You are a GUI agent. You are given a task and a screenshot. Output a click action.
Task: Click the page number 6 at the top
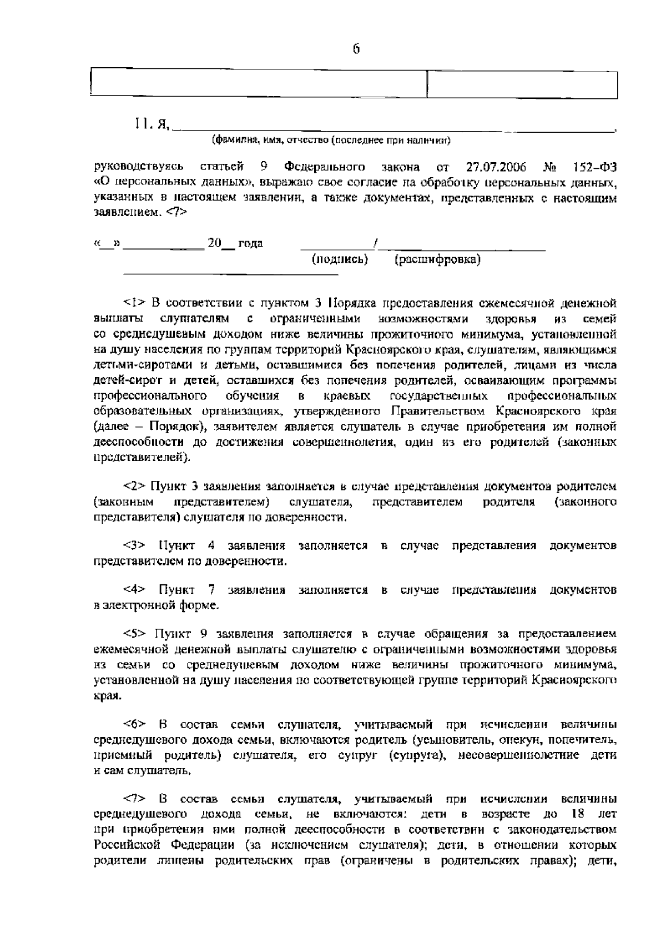tap(356, 49)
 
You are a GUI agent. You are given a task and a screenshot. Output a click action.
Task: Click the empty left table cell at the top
tap(258, 84)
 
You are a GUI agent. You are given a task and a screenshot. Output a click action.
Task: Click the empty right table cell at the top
tap(523, 84)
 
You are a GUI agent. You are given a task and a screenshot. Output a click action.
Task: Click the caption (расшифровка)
tap(437, 259)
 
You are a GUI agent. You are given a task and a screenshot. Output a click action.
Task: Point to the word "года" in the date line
tap(250, 243)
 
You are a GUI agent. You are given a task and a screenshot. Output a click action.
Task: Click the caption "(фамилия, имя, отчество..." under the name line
tap(331, 141)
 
